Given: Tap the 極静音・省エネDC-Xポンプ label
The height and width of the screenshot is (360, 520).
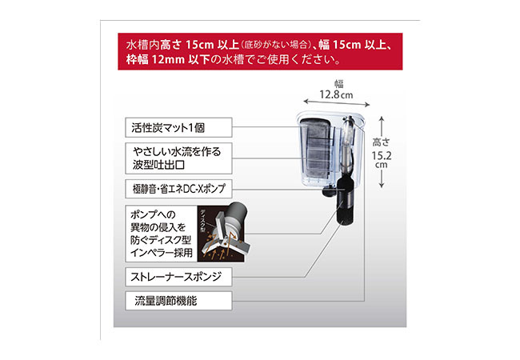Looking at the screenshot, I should (178, 190).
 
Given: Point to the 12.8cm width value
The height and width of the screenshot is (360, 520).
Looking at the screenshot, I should (335, 95).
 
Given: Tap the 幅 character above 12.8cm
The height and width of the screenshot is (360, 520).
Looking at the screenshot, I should (336, 82).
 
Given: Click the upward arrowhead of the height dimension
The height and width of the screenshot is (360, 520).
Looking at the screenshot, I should (382, 118).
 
